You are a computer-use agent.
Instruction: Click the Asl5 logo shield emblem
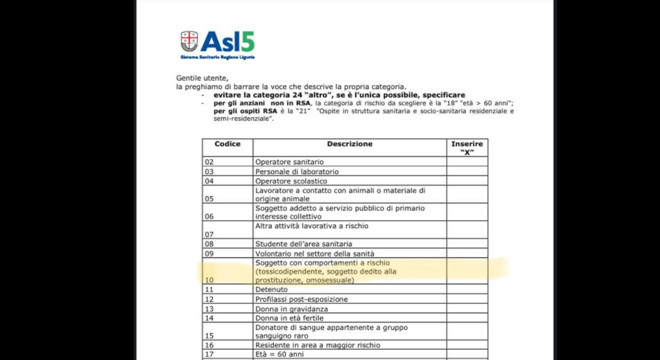click(x=189, y=42)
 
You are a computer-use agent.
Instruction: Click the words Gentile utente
click(x=203, y=78)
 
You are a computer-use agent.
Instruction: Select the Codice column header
click(x=227, y=144)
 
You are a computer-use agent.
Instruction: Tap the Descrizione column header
click(x=350, y=144)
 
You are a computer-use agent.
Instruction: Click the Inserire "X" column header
click(x=467, y=148)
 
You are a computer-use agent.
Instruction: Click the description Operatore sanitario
click(x=289, y=162)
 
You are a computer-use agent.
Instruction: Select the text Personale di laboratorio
click(x=297, y=171)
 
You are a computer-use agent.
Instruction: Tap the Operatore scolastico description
click(x=291, y=181)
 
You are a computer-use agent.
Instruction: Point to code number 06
click(x=209, y=217)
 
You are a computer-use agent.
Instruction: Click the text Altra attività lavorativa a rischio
click(x=312, y=226)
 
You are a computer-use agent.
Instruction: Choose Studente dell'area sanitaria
click(x=304, y=244)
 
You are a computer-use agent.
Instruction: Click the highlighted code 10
click(x=209, y=280)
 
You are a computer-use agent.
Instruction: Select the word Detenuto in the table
click(x=271, y=290)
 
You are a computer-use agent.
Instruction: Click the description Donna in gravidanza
click(x=292, y=308)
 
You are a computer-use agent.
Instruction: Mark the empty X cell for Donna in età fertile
click(x=467, y=318)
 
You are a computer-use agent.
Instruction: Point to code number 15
click(x=209, y=336)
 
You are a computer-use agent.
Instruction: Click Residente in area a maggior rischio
click(x=318, y=345)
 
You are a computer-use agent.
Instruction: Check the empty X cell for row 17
click(x=467, y=354)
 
